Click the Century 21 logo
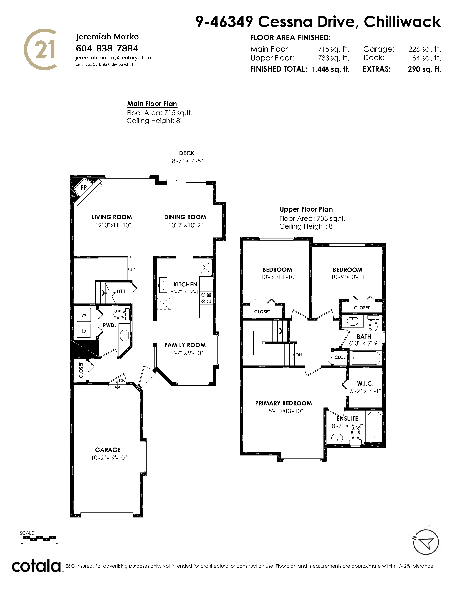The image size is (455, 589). (41, 49)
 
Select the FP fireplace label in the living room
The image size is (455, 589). (84, 187)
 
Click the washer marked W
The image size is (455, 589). (84, 315)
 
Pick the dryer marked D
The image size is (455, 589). (84, 331)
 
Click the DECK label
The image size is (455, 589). (186, 153)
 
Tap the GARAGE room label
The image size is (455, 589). (108, 450)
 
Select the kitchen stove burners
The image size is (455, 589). (206, 298)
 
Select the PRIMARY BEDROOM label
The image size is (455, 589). (284, 403)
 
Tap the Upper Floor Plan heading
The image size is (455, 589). (306, 209)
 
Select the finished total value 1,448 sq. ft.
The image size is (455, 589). (331, 69)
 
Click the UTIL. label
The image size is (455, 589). (122, 291)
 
